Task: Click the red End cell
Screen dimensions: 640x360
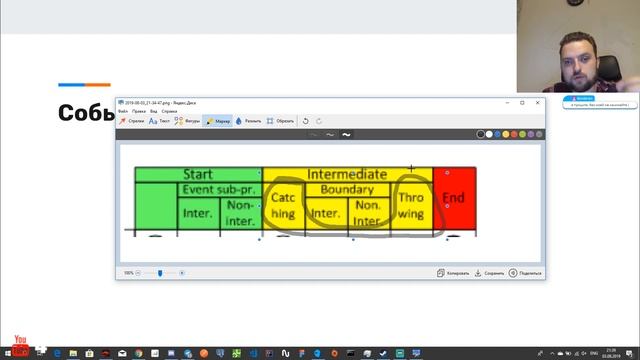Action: point(453,198)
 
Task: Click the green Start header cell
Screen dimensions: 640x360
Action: point(198,175)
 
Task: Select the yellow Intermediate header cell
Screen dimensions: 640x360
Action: point(347,175)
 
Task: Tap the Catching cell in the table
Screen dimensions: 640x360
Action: point(283,206)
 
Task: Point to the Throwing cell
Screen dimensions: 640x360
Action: point(411,206)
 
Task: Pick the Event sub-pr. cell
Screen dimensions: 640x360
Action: point(219,189)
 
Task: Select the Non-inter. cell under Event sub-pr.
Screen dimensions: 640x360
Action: point(240,213)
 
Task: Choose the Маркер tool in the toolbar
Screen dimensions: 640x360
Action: point(217,120)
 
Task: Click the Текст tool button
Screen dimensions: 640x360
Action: point(159,120)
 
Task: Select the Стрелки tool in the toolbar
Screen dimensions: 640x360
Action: point(131,120)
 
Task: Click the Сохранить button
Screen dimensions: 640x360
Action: point(488,272)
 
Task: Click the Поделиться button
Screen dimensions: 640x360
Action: point(525,272)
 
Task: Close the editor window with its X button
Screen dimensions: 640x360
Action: point(537,102)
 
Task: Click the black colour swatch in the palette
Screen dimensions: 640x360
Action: point(481,134)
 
